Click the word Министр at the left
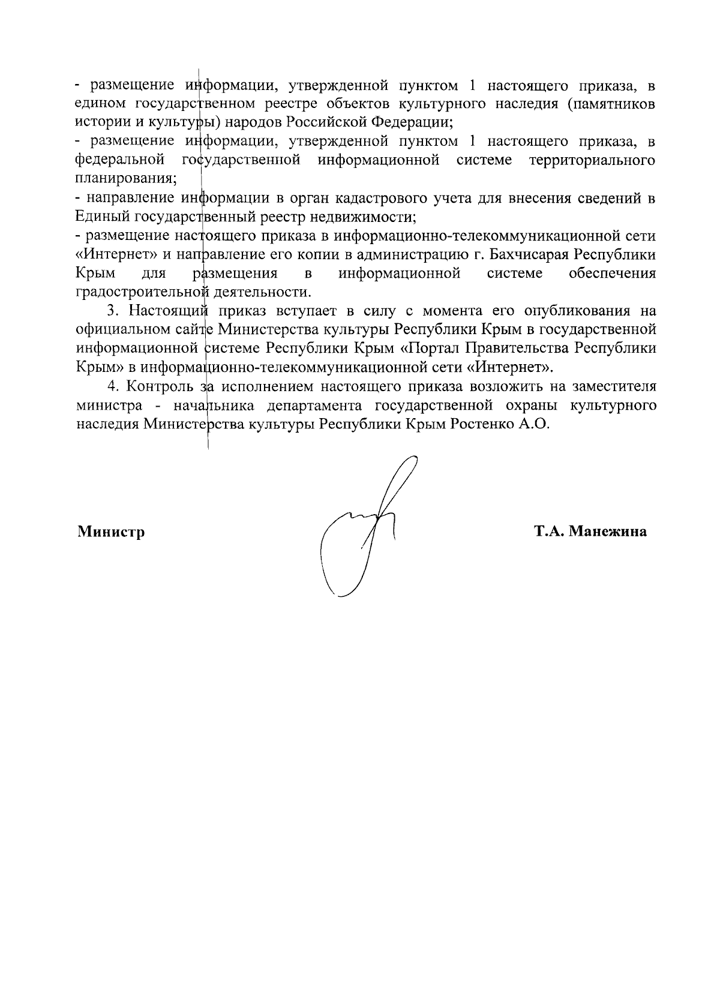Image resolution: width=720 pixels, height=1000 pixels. tap(110, 531)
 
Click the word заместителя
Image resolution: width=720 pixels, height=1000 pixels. tap(613, 386)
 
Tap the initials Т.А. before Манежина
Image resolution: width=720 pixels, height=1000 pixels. tap(548, 531)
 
